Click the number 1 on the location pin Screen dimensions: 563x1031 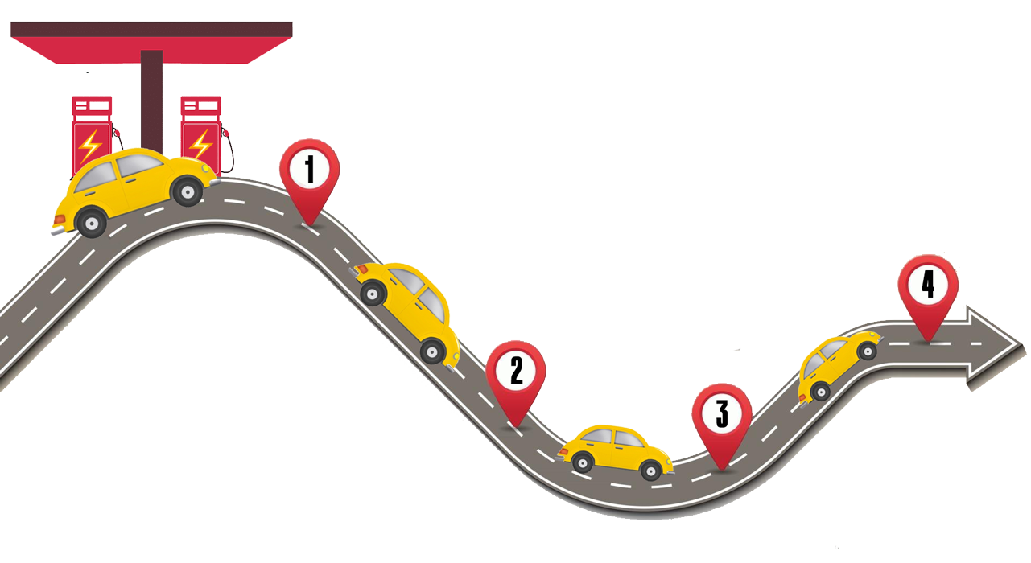point(309,170)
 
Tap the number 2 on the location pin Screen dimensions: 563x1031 point(516,371)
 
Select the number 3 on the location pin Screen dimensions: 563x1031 point(722,413)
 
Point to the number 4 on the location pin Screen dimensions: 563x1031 point(928,285)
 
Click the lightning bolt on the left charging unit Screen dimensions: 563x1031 point(89,145)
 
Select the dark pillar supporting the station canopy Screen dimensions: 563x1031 point(151,97)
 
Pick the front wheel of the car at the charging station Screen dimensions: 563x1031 point(188,191)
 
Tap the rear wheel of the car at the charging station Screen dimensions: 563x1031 point(91,221)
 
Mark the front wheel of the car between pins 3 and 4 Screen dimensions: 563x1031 point(867,351)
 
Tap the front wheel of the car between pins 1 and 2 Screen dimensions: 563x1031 point(432,350)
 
